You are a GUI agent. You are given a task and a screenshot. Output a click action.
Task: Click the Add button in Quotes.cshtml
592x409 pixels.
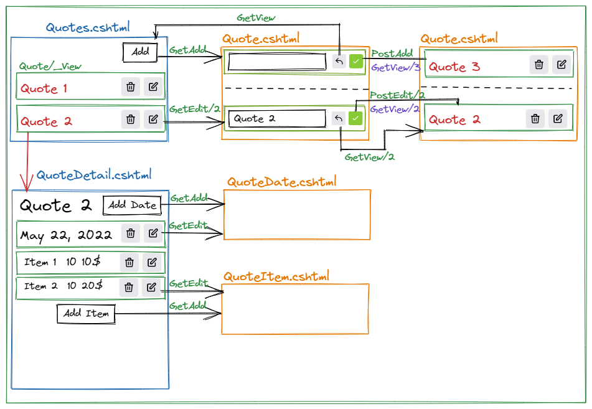point(140,52)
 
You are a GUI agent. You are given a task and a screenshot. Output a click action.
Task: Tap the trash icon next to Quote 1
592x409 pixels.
point(130,88)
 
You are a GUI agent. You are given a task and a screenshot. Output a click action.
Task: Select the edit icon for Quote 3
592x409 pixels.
point(561,65)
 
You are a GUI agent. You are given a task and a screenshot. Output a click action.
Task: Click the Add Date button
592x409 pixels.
point(132,205)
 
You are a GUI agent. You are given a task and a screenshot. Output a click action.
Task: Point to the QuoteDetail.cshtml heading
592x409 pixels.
point(93,175)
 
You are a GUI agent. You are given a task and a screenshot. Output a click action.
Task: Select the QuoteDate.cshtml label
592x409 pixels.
point(281,182)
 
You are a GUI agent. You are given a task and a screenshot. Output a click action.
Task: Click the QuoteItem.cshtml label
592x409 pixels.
point(276,276)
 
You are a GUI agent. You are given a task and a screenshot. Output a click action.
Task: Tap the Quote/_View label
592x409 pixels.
point(50,66)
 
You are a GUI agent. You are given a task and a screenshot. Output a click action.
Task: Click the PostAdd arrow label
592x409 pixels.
point(392,54)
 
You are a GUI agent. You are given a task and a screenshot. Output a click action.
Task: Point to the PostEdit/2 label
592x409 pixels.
point(397,95)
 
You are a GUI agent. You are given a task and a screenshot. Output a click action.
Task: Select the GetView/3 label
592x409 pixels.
point(396,67)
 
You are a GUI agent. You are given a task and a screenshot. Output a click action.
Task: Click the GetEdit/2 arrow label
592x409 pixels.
point(194,109)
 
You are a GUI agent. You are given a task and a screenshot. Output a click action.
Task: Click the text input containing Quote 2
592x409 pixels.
point(276,119)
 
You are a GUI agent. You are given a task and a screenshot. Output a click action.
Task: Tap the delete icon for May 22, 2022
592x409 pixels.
point(130,233)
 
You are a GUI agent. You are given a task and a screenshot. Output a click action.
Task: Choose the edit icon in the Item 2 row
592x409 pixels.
point(151,287)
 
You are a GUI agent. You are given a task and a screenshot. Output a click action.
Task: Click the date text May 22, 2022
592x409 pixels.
point(66,235)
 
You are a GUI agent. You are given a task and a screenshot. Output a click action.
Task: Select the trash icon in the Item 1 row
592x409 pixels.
point(129,263)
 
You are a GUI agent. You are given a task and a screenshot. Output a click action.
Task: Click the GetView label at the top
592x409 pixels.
point(256,18)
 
